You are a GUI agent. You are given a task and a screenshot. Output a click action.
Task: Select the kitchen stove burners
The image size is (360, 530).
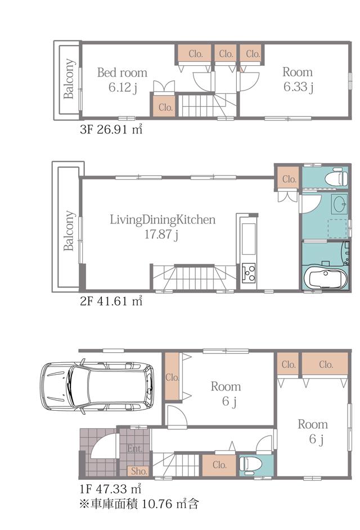248,274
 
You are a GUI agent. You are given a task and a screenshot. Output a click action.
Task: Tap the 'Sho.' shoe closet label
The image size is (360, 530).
138,471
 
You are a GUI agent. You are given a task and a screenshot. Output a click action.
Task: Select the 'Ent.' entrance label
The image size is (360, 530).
134,449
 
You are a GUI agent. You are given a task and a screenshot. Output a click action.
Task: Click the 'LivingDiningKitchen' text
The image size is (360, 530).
162,219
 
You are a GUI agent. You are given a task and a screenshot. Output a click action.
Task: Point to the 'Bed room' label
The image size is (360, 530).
122,73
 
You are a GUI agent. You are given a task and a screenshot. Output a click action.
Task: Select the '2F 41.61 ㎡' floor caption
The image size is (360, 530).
111,302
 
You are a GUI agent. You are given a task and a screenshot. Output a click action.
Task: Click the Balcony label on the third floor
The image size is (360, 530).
69,79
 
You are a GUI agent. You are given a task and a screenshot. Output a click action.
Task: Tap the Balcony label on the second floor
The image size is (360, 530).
69,231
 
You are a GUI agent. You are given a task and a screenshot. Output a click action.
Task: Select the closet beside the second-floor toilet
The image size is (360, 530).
289,179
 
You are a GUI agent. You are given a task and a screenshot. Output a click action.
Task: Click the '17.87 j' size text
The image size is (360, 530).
161,233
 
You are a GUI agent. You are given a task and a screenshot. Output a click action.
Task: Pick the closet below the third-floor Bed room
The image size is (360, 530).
165,107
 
